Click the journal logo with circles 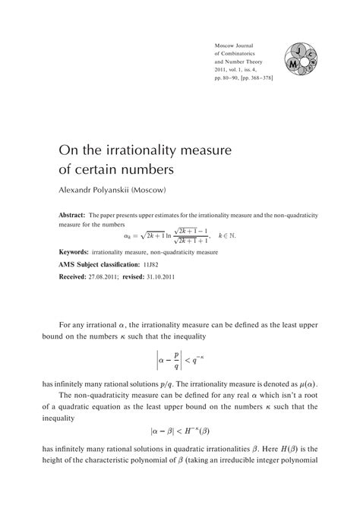[303, 62]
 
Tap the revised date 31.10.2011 [178, 277]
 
